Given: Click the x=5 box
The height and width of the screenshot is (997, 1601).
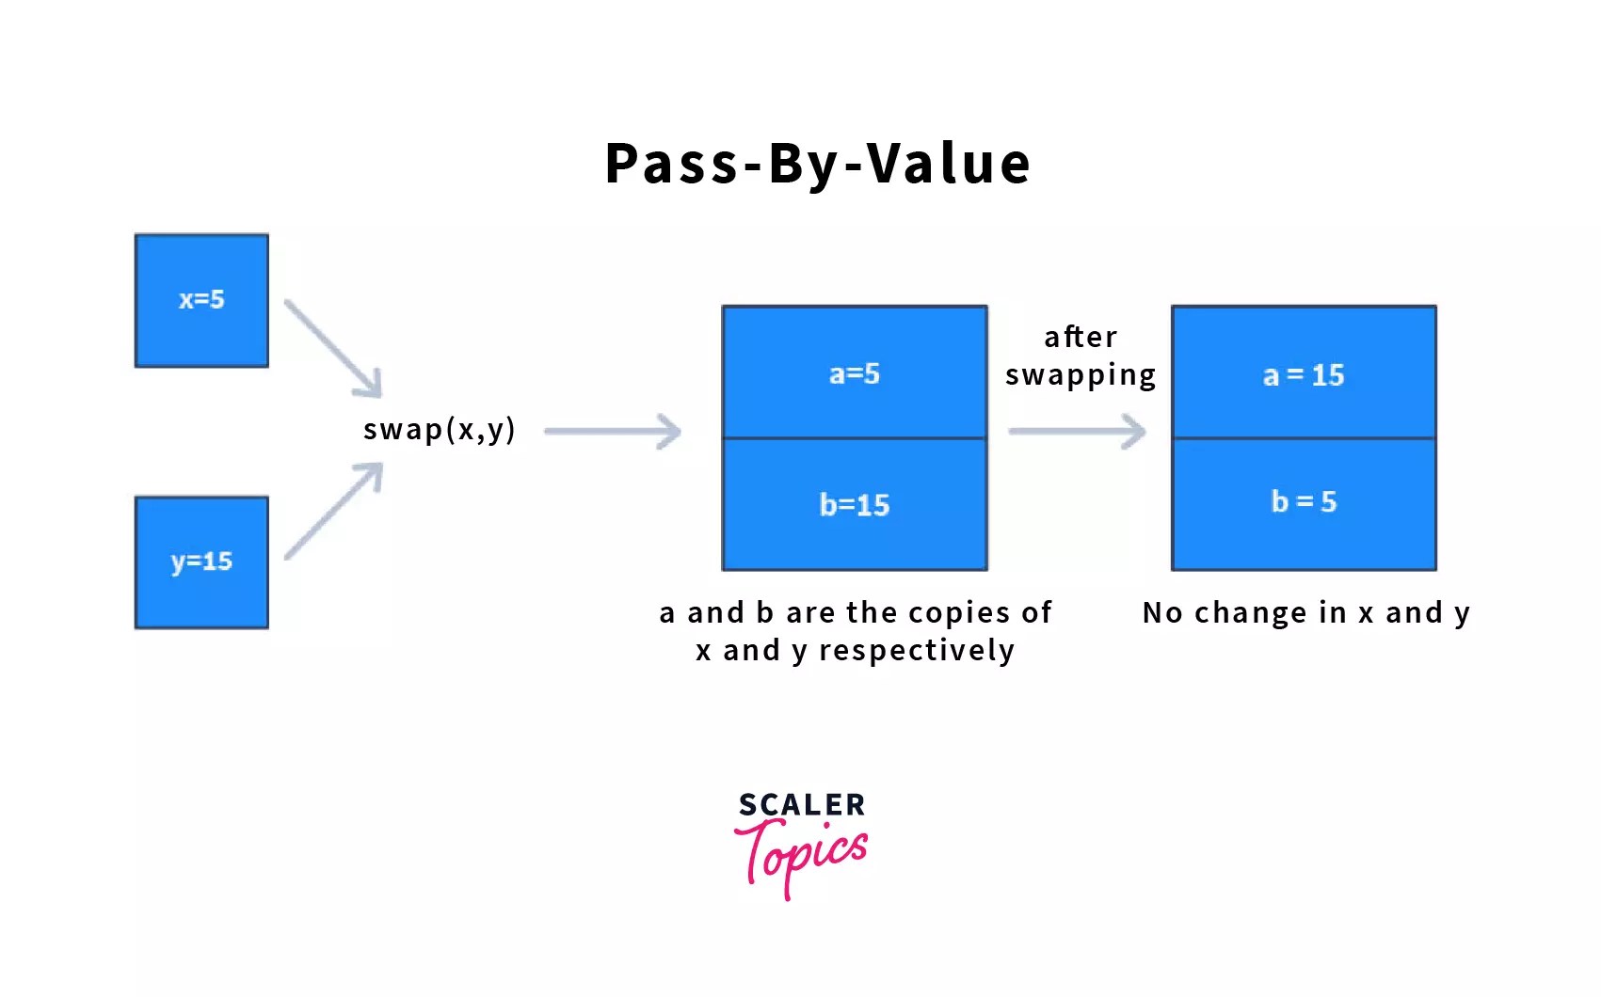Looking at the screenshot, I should tap(201, 300).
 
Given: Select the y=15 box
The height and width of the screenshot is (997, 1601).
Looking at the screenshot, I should tap(201, 562).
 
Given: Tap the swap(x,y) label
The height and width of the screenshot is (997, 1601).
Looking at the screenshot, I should tap(440, 430).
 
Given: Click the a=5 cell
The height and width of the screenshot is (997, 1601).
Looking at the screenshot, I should tap(854, 373).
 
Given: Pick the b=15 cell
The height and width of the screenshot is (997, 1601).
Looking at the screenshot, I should tap(854, 505).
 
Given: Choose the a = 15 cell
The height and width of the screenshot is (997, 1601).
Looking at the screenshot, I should tap(1304, 374).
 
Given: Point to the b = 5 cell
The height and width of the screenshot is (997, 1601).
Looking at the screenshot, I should tap(1304, 502).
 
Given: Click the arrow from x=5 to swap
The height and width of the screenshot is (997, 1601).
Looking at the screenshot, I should tap(334, 349).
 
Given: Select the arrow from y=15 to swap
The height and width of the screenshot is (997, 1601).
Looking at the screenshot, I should tap(334, 511).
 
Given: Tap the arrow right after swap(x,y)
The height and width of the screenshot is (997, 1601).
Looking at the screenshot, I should tap(613, 432).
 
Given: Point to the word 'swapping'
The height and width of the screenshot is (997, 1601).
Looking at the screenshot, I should tap(1081, 375).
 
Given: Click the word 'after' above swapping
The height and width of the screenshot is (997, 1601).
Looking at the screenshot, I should tap(1081, 337).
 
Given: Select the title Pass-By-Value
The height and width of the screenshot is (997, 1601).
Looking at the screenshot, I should tap(817, 164).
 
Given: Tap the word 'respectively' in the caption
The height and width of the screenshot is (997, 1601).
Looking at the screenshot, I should tap(917, 650).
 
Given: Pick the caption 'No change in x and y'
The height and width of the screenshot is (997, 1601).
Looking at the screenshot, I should tap(1305, 612).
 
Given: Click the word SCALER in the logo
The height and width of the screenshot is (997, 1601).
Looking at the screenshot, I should tap(802, 805).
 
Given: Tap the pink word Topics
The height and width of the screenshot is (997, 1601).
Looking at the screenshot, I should tap(802, 853).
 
